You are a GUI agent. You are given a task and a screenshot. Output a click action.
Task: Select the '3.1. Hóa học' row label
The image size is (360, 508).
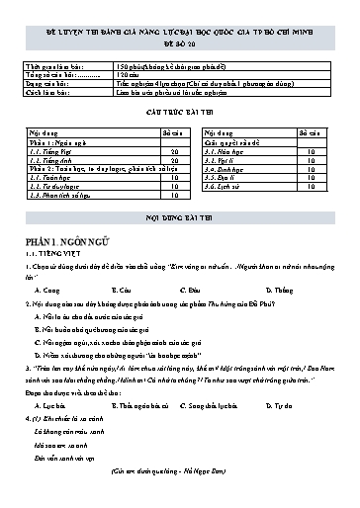tap(225, 150)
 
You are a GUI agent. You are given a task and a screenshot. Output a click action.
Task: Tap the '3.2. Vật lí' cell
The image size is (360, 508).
tap(222, 159)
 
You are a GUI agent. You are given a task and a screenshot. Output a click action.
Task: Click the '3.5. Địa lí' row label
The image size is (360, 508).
tap(223, 177)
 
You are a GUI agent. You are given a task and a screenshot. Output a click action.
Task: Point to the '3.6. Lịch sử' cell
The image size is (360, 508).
tap(225, 186)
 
